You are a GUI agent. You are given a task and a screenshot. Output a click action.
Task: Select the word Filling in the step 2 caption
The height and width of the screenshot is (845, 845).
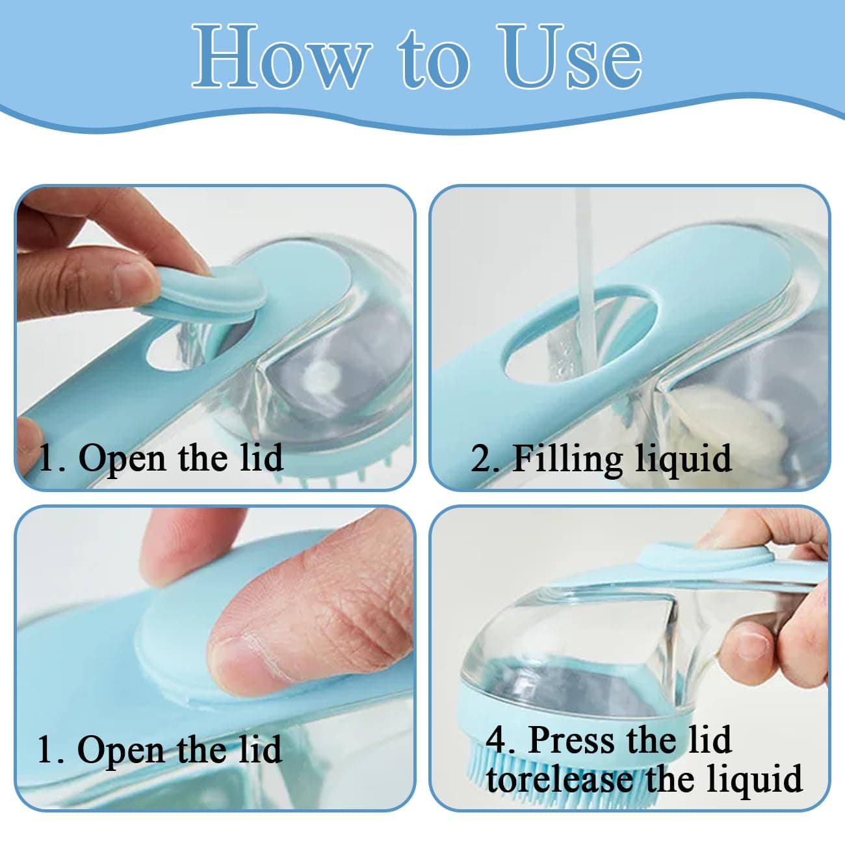(x=569, y=460)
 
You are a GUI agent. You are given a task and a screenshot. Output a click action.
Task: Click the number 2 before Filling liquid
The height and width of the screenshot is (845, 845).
(x=482, y=459)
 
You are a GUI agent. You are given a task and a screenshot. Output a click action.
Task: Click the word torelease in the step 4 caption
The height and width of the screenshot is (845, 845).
(x=560, y=778)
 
